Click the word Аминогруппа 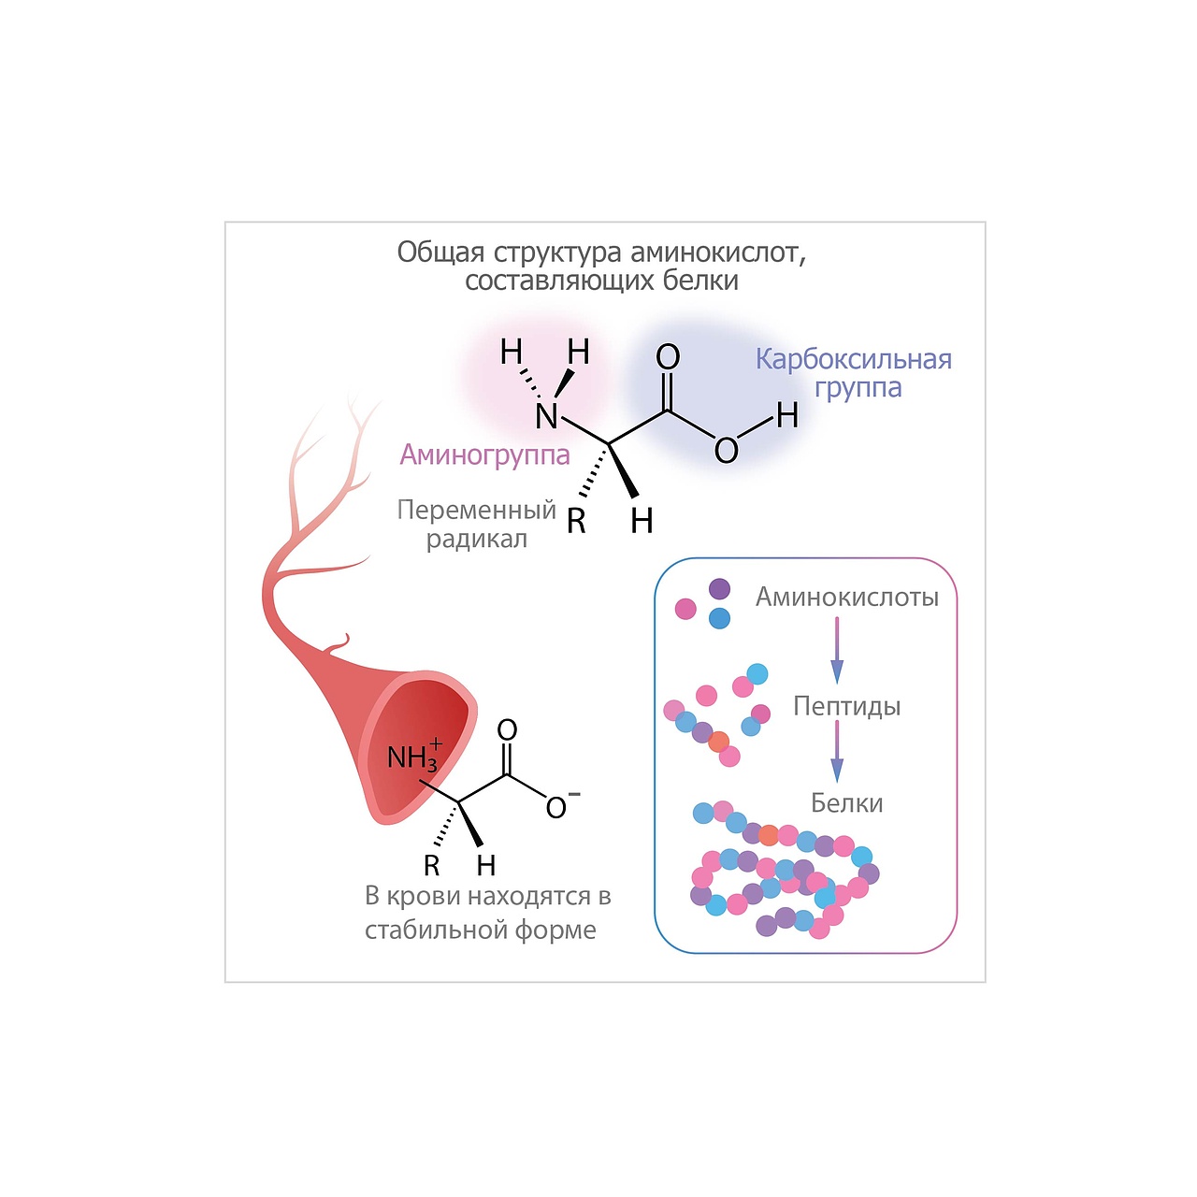484,454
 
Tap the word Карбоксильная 853,359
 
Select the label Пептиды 846,706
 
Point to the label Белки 846,803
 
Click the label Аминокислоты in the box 846,597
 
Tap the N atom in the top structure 547,417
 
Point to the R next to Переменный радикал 576,522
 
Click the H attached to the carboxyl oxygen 787,415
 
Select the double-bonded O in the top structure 668,356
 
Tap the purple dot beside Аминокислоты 719,588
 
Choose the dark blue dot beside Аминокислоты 719,618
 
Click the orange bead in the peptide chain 718,743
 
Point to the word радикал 476,540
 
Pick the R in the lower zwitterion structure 431,866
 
